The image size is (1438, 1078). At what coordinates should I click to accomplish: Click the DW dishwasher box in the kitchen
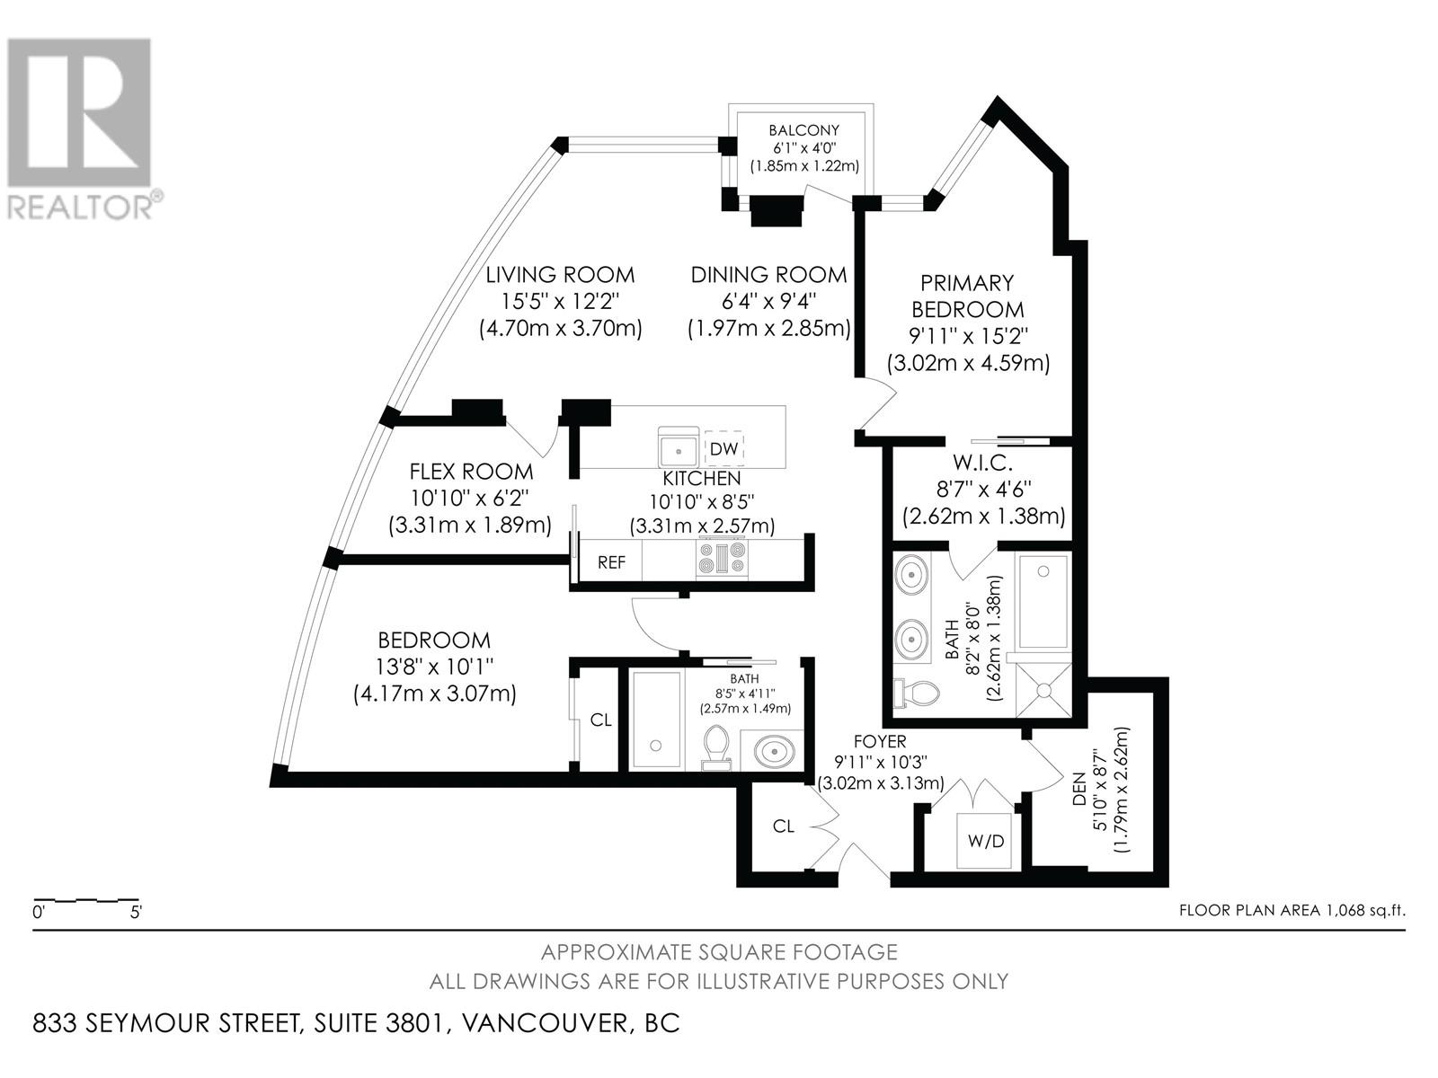[x=724, y=447]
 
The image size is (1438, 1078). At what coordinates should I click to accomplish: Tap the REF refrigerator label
[x=612, y=563]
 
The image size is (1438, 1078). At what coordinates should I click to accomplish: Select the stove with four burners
[x=722, y=558]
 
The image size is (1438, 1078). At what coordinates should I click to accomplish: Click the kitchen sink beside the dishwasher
[x=679, y=446]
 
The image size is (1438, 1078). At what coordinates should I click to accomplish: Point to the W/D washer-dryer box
[x=986, y=842]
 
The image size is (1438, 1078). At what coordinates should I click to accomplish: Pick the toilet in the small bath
[x=717, y=748]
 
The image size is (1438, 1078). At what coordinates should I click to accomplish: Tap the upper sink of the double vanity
[x=912, y=573]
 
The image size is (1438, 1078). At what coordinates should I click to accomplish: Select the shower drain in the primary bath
[x=1044, y=690]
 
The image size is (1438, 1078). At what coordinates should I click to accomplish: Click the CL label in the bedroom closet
[x=600, y=720]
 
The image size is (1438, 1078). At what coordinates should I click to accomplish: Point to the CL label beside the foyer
[x=784, y=826]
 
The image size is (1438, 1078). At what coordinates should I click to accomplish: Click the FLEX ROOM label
[x=471, y=472]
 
